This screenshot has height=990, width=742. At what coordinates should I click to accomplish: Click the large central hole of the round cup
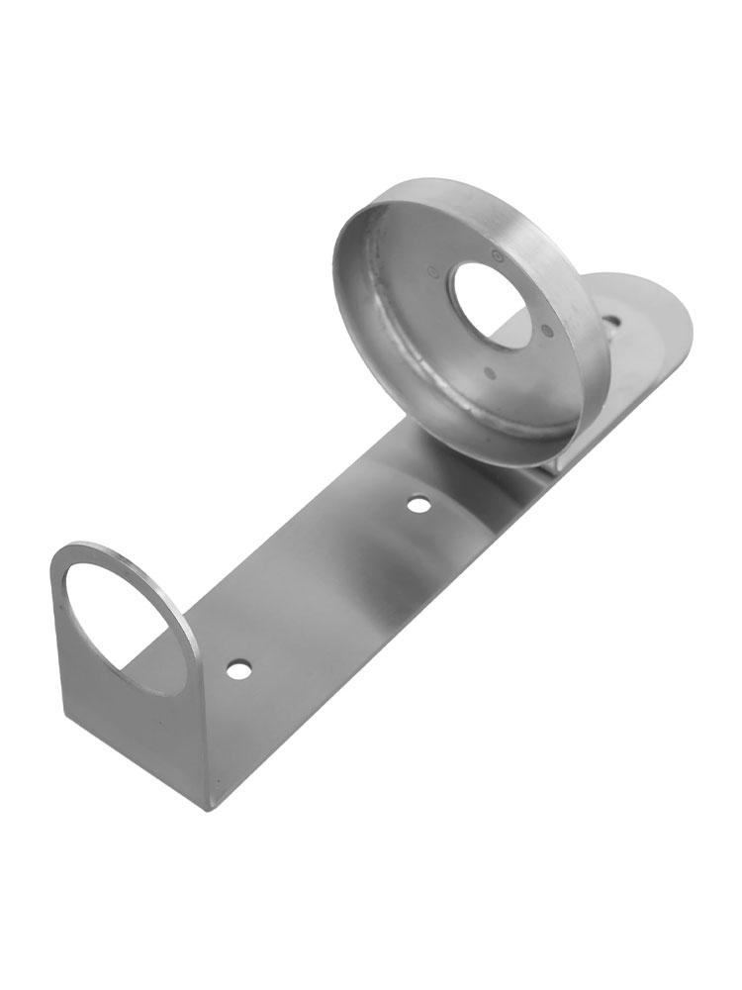[491, 303]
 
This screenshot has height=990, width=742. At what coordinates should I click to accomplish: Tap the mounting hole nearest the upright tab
[236, 670]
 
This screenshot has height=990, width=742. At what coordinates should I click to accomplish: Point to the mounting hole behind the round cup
[613, 322]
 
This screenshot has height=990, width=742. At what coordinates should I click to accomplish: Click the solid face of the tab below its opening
[139, 733]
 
